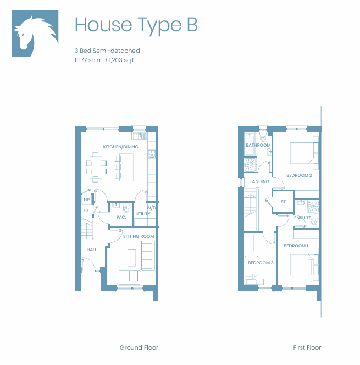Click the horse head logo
pos(35,34)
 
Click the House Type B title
pos(136,25)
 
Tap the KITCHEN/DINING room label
pos(120,147)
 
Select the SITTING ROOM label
pos(139,236)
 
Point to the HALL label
pos(91,250)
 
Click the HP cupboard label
pos(87,200)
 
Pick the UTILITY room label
pos(143,214)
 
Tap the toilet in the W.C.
pos(126,208)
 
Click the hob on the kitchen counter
pos(152,154)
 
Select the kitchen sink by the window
pos(140,136)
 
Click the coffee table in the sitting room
pos(131,258)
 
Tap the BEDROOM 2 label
pos(299,175)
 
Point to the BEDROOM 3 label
pos(261,263)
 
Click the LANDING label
pos(259,181)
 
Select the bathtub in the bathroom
pos(249,145)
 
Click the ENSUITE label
pos(302,218)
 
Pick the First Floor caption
pos(307,347)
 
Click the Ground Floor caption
pos(139,347)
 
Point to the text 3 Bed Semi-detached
pos(107,51)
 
